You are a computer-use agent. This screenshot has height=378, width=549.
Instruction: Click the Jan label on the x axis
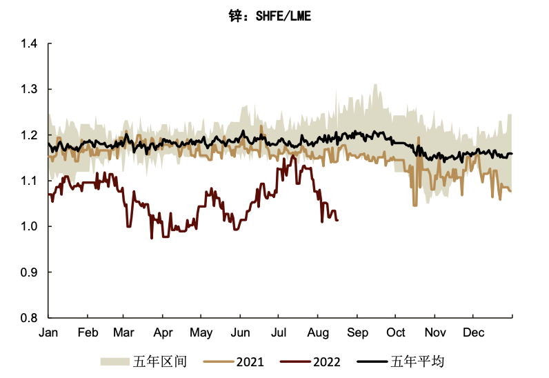point(48,333)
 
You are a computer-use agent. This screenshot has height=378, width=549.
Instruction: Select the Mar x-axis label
point(125,333)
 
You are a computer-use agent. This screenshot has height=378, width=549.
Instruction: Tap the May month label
point(201,333)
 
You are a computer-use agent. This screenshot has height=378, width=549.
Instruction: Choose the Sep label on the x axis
point(357,333)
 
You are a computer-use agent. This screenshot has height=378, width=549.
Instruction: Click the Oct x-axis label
point(395,333)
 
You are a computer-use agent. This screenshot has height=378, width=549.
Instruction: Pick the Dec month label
point(472,333)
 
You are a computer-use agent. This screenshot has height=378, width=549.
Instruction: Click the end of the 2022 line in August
point(337,220)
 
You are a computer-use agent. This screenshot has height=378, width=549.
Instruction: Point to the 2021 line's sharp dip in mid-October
point(415,205)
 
